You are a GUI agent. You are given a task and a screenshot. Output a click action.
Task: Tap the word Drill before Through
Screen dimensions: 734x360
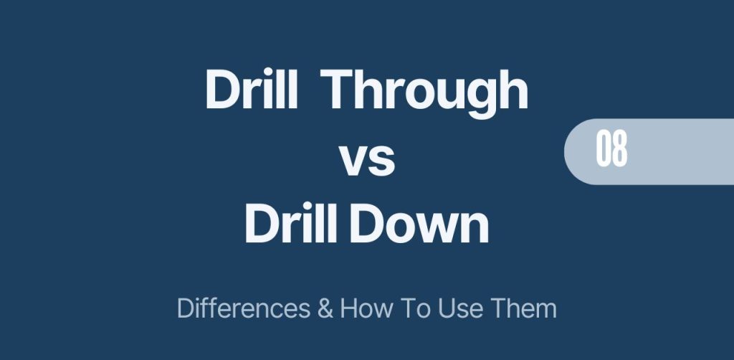pos(252,88)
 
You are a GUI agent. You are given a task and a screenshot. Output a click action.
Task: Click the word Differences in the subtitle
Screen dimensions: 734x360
pos(244,309)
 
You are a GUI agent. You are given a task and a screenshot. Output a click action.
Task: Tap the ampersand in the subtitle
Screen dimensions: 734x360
pos(325,309)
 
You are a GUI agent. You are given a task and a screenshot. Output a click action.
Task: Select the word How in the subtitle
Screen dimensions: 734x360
pos(366,309)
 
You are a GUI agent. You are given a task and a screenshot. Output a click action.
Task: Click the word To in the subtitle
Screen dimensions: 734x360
pos(413,309)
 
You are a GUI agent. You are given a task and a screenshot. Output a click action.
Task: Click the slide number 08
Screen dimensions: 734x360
pos(611,150)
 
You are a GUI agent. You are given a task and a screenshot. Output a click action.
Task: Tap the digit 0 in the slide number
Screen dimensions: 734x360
pos(604,150)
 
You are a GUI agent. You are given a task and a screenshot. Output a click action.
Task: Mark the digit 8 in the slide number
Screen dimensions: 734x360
pos(620,150)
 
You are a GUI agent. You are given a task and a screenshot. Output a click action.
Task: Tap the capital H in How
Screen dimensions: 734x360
pos(349,309)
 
